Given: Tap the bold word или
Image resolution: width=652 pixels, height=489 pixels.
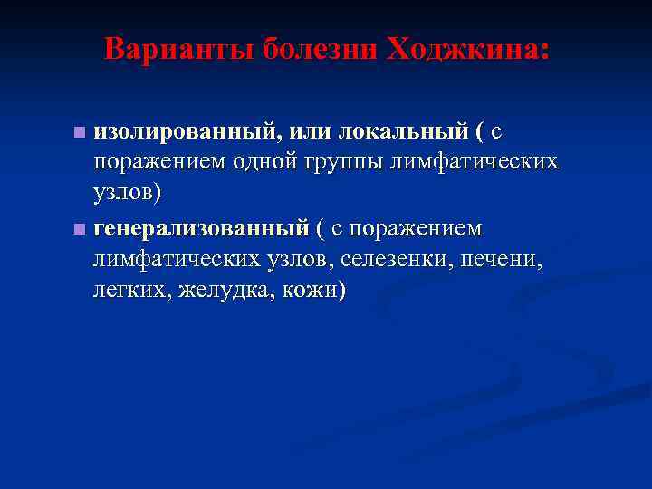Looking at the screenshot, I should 307,132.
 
